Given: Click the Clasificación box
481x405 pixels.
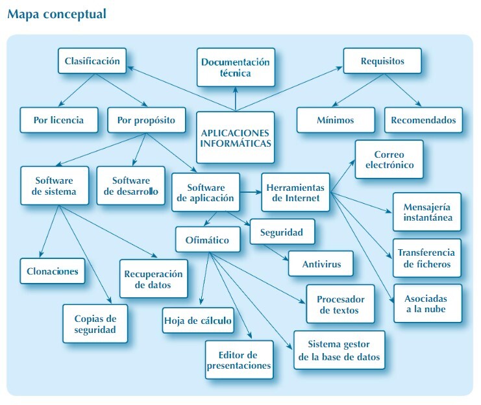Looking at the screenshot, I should pyautogui.click(x=92, y=62).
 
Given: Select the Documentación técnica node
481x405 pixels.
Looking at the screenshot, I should pyautogui.click(x=234, y=67).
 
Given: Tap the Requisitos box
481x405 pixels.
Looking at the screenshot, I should pyautogui.click(x=382, y=62).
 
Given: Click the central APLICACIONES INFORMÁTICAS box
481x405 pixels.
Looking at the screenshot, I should pyautogui.click(x=235, y=137).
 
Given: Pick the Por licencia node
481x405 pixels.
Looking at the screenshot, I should pyautogui.click(x=59, y=120).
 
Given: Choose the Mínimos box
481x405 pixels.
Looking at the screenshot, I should pyautogui.click(x=336, y=120).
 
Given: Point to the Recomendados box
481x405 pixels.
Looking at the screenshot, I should pyautogui.click(x=423, y=120).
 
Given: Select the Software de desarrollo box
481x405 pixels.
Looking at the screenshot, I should pyautogui.click(x=130, y=186).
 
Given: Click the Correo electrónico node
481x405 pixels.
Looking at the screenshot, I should pyautogui.click(x=389, y=160).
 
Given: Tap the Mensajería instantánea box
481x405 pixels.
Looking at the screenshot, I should pyautogui.click(x=427, y=212).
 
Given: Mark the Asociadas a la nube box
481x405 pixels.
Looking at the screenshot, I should pyautogui.click(x=425, y=303).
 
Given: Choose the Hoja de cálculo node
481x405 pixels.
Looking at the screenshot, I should pyautogui.click(x=197, y=320).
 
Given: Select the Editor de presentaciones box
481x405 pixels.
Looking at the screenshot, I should pyautogui.click(x=238, y=360).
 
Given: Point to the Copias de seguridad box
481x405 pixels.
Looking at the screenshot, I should pyautogui.click(x=95, y=323).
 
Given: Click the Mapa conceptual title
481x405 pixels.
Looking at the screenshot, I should pyautogui.click(x=57, y=14).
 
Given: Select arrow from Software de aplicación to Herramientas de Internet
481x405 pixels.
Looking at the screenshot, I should pyautogui.click(x=251, y=192).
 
